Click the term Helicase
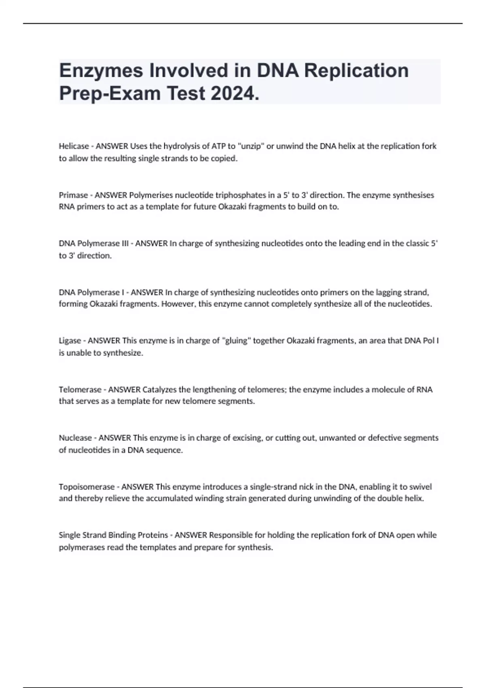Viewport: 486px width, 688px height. tap(74, 146)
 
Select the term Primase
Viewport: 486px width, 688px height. tap(73, 195)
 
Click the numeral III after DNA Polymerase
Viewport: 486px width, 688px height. tap(125, 244)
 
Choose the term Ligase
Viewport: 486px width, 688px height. tap(70, 341)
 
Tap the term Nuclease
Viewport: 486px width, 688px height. tap(75, 438)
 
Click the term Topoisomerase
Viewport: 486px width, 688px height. tap(87, 487)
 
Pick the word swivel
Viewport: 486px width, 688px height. tap(420, 487)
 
